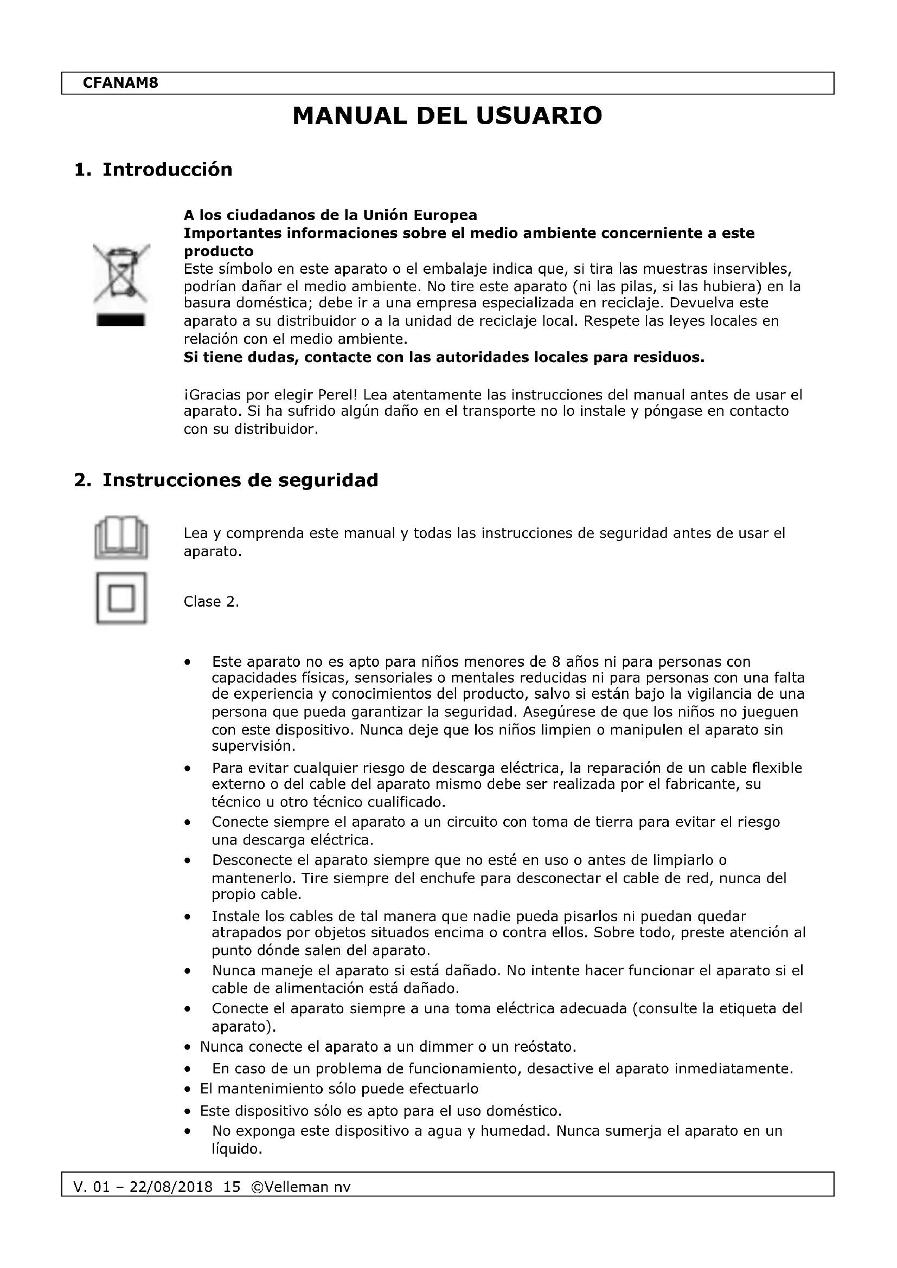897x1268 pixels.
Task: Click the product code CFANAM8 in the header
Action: (x=120, y=83)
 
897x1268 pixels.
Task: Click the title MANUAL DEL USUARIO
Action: (x=447, y=116)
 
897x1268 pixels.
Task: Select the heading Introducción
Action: (x=167, y=169)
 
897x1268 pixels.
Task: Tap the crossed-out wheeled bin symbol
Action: (x=121, y=273)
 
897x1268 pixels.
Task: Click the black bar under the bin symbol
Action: (x=121, y=320)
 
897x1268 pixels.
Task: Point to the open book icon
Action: (x=121, y=537)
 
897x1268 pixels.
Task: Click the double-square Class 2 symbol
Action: (x=121, y=598)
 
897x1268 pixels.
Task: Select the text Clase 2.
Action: (x=211, y=601)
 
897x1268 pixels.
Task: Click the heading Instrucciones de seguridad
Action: (x=240, y=480)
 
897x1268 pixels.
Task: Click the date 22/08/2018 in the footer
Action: (x=171, y=1187)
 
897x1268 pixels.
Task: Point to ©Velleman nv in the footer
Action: (x=300, y=1187)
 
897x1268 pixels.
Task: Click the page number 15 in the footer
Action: (x=232, y=1187)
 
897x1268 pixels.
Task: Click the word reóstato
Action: (x=545, y=1046)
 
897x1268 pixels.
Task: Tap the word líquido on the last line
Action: (x=236, y=1149)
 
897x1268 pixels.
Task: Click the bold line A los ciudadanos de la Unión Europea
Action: (x=330, y=215)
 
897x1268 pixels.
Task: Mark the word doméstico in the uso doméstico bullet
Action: (x=524, y=1111)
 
